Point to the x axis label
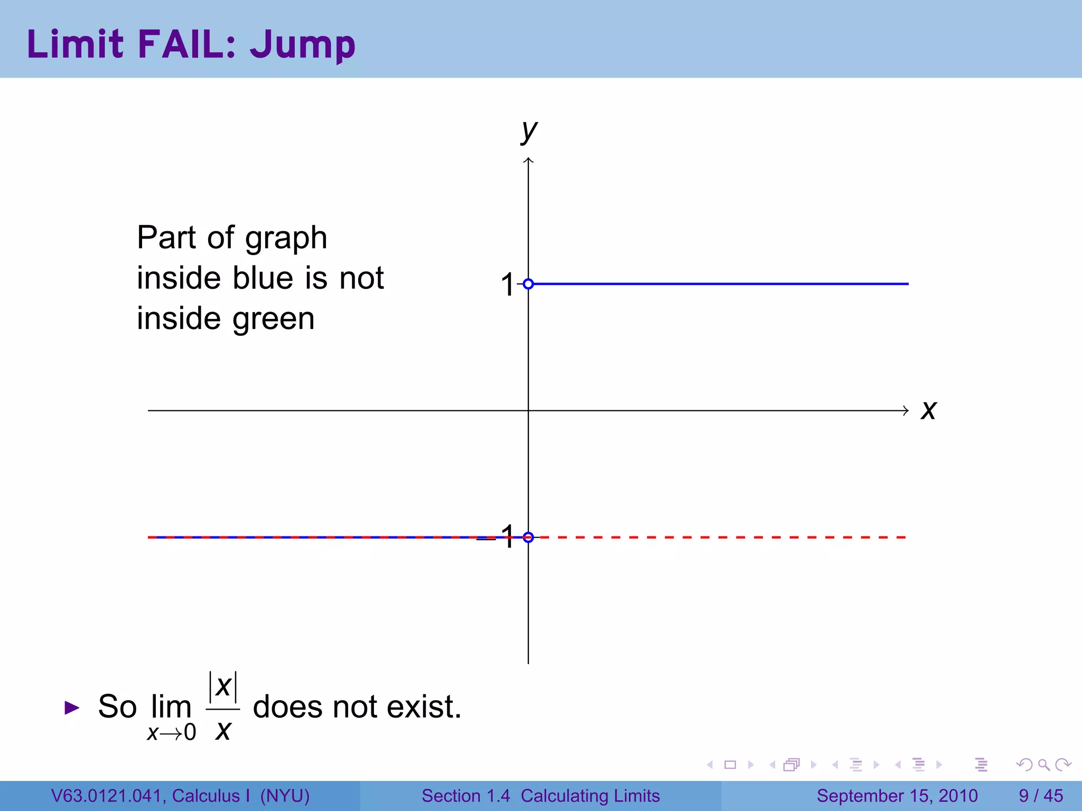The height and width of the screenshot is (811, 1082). [928, 410]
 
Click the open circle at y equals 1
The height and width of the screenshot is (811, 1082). [528, 284]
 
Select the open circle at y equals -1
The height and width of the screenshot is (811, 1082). [528, 537]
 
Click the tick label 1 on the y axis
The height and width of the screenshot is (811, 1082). [507, 285]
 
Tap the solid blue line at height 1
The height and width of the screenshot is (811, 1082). [719, 284]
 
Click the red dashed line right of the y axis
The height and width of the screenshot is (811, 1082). [719, 537]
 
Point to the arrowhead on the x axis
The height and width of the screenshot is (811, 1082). [906, 410]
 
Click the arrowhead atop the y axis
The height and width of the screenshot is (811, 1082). [528, 161]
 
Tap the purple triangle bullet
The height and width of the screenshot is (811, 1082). [72, 708]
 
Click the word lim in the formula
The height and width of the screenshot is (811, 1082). [171, 706]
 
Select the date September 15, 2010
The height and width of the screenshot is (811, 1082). [897, 796]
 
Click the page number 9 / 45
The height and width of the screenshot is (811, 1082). [1041, 796]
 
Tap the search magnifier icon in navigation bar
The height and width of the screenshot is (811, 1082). [1043, 765]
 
